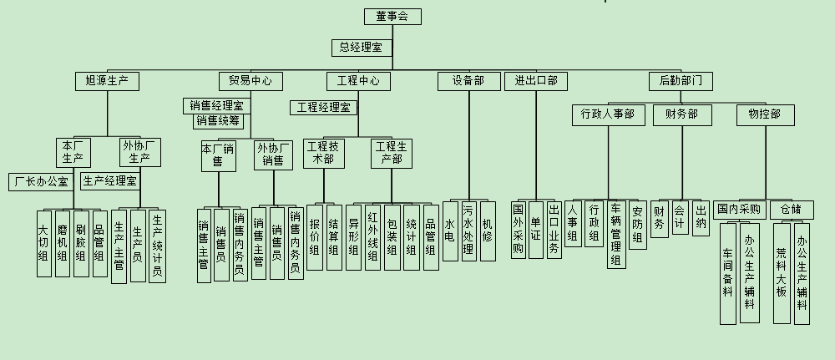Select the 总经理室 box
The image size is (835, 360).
coord(361,48)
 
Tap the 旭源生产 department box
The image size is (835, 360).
coord(107,81)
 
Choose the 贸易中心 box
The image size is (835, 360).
coord(250,81)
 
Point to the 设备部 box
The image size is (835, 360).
coord(468,81)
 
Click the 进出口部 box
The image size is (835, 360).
coord(536,81)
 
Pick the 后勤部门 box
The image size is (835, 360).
coord(681,81)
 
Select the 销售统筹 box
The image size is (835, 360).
coord(218,121)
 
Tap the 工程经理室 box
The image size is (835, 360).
coord(324,108)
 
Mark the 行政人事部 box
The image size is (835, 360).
coord(608,114)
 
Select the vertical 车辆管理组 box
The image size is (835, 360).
coord(617,234)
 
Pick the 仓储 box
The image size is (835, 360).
coord(790,208)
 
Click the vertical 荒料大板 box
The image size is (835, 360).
coord(782,272)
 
